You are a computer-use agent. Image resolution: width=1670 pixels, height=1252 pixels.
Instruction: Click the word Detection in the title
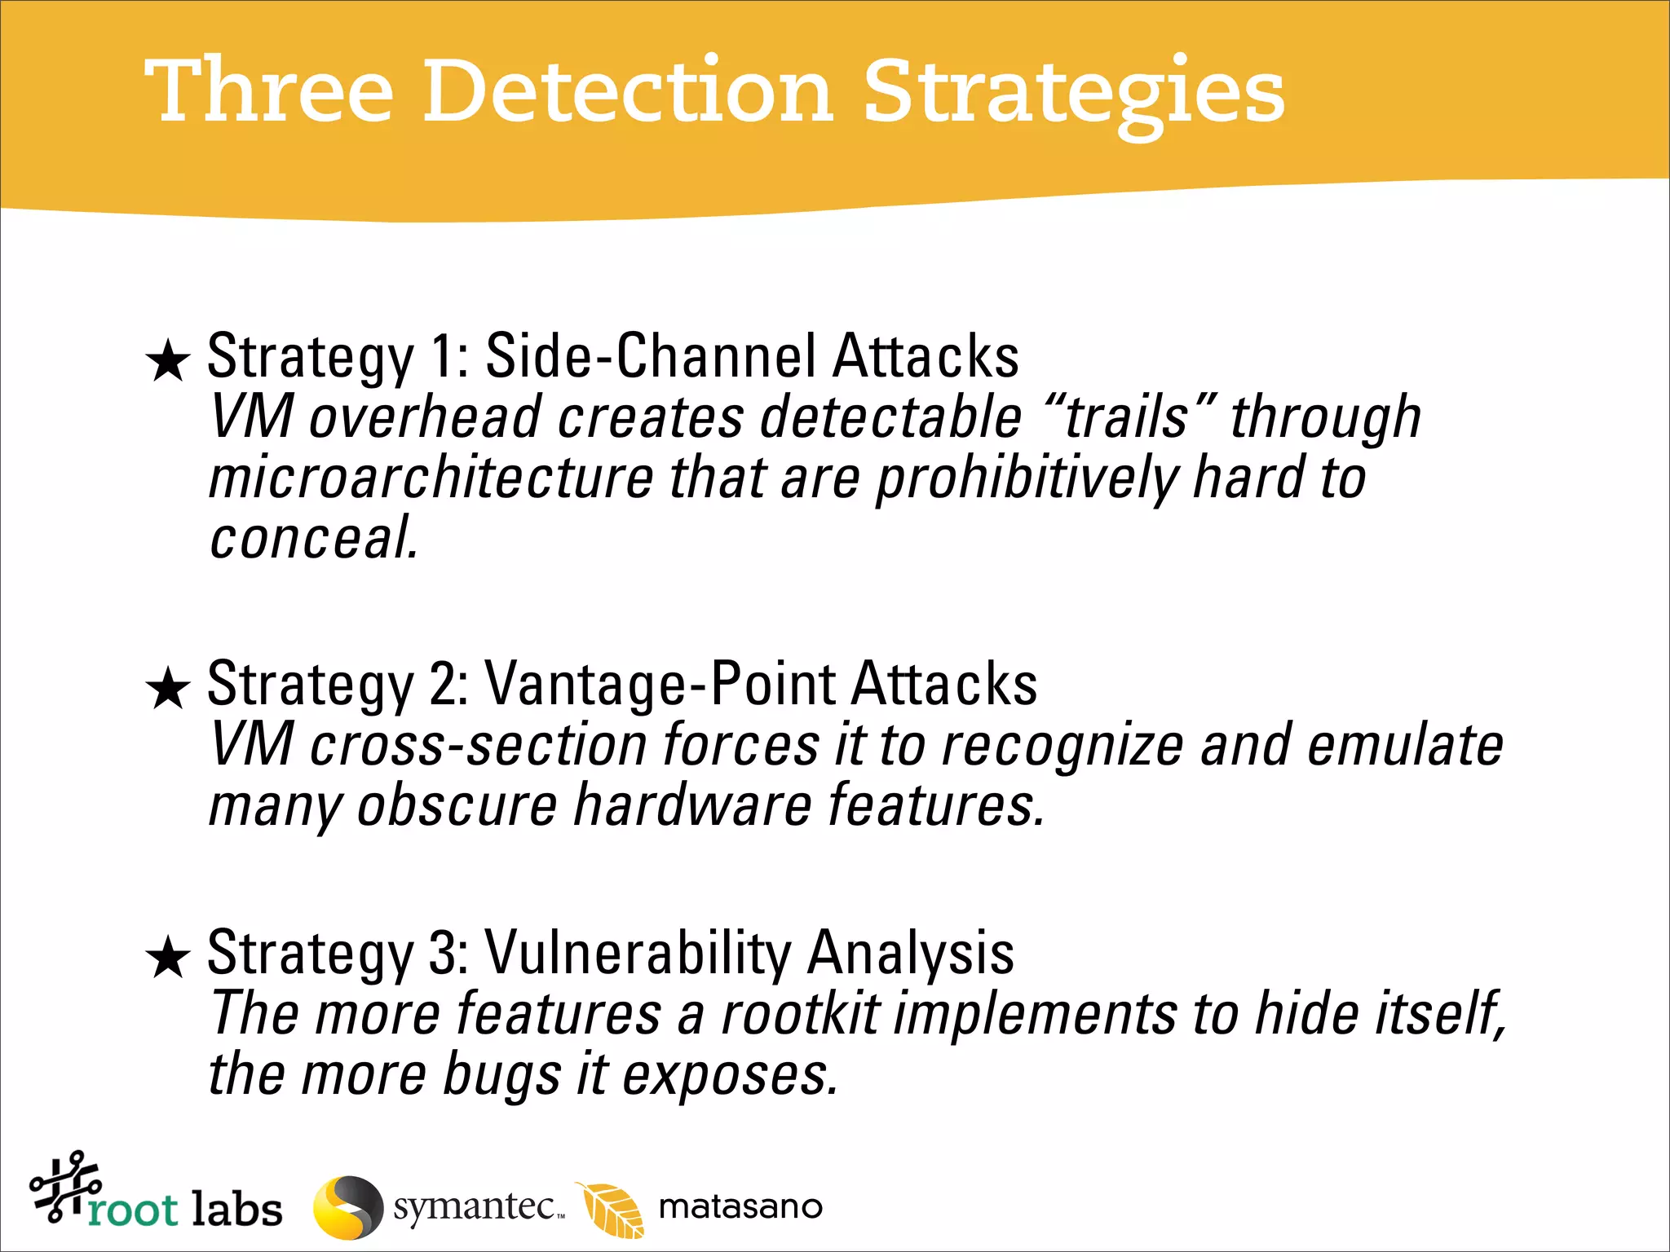628,91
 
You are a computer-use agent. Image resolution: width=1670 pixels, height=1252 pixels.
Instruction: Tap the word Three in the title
269,91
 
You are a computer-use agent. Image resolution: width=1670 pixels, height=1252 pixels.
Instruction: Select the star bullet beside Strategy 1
168,361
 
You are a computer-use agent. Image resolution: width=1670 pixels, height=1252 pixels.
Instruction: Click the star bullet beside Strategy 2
168,688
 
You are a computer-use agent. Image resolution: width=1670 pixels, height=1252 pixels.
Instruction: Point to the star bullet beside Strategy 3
168,957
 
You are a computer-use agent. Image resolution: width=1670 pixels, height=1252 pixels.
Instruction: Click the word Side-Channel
650,356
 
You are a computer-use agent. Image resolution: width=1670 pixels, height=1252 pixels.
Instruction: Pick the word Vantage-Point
660,683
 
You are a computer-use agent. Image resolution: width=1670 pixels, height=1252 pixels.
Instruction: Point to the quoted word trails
1128,417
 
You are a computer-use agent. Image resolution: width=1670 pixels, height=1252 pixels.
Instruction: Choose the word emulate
1404,745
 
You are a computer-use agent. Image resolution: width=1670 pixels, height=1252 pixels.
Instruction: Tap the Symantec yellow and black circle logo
348,1207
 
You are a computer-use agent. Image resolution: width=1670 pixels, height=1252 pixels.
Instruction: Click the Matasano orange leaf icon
612,1210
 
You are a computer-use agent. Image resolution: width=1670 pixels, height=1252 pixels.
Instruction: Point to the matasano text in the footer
740,1207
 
